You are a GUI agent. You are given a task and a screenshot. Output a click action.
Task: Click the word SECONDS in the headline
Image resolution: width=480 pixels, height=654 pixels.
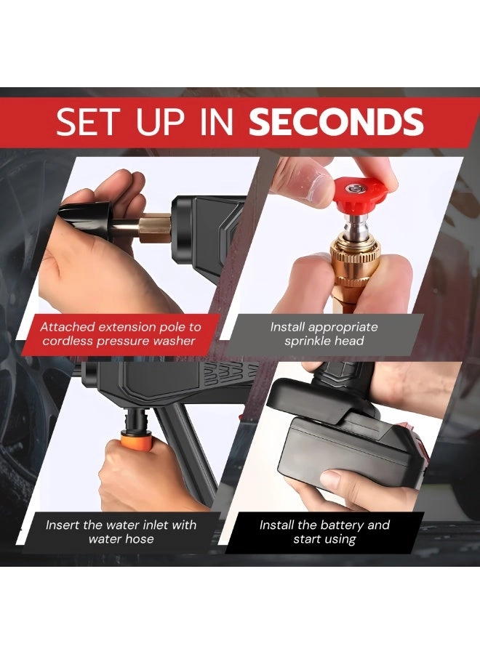(x=337, y=122)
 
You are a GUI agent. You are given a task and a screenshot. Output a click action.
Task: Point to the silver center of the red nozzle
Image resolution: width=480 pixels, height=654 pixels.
(x=354, y=190)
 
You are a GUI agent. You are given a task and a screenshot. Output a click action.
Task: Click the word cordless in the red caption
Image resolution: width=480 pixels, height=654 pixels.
(x=68, y=342)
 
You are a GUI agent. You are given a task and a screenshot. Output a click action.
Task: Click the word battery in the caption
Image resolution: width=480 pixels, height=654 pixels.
(x=338, y=525)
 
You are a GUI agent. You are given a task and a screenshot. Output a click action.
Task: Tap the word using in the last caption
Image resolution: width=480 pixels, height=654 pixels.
(x=340, y=540)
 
